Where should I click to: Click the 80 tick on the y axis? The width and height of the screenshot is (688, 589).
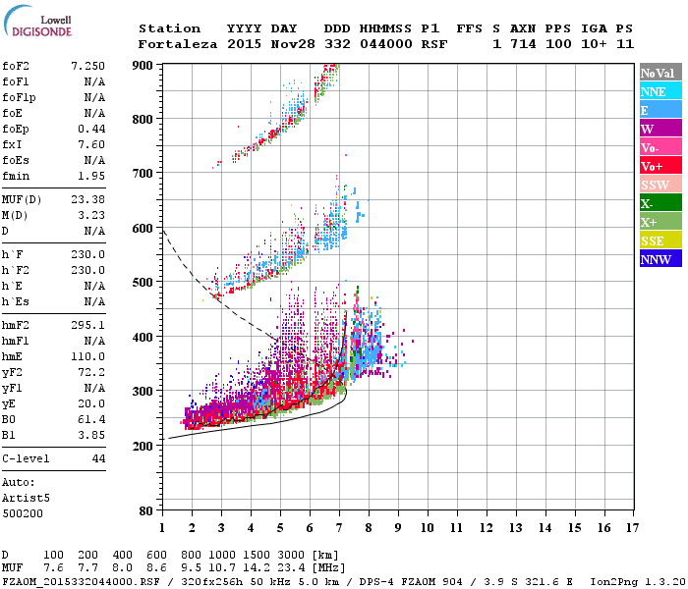[x=147, y=510]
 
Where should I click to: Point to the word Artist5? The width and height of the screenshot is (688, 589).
[x=24, y=498]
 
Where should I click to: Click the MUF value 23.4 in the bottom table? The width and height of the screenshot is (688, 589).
[x=296, y=567]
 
